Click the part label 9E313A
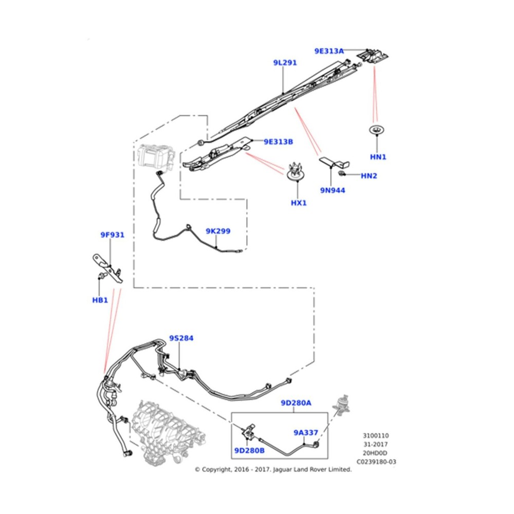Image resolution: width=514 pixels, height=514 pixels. pyautogui.click(x=329, y=51)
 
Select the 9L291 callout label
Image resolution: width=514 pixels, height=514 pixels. pyautogui.click(x=285, y=63)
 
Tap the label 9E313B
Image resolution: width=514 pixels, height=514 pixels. pyautogui.click(x=278, y=141)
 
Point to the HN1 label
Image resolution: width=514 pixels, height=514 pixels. pyautogui.click(x=378, y=157)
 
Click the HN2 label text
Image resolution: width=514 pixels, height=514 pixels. pyautogui.click(x=369, y=176)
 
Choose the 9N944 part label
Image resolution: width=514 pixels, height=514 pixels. pyautogui.click(x=333, y=190)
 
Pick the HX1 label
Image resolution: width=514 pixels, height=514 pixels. pyautogui.click(x=299, y=203)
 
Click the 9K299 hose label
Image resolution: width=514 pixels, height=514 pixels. pyautogui.click(x=218, y=231)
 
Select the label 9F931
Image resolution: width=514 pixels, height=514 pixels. pyautogui.click(x=112, y=235)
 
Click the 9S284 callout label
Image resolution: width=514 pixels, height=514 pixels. pyautogui.click(x=181, y=338)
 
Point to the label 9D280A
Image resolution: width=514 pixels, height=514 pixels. pyautogui.click(x=296, y=403)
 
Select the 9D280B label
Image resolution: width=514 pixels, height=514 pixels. pyautogui.click(x=249, y=451)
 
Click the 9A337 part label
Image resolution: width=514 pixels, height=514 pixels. pyautogui.click(x=306, y=432)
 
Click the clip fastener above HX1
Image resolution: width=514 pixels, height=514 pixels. pyautogui.click(x=295, y=171)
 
